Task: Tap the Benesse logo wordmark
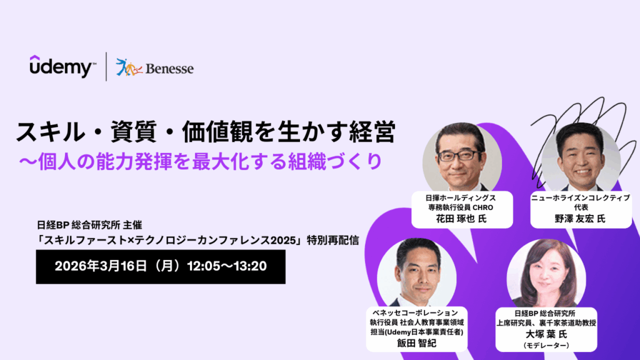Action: coord(169,68)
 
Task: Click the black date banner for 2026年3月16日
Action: coord(161,266)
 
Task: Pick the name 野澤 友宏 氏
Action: coord(580,219)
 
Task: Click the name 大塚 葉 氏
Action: coord(546,334)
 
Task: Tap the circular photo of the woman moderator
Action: coord(546,272)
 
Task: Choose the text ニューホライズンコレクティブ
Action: coord(580,197)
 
